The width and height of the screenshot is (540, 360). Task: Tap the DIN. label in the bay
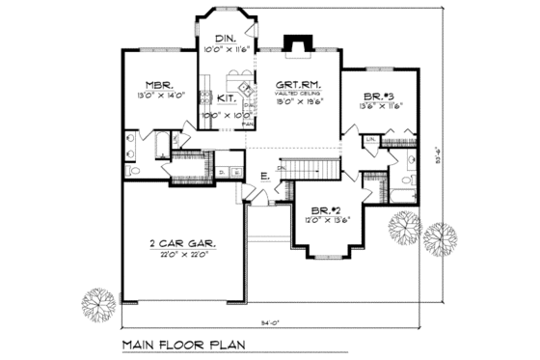pyautogui.click(x=225, y=38)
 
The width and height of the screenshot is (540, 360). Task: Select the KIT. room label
pyautogui.click(x=228, y=97)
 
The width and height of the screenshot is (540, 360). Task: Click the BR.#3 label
pyautogui.click(x=378, y=95)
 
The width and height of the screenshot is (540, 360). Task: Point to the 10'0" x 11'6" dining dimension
pyautogui.click(x=225, y=48)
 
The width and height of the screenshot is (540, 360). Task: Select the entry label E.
pyautogui.click(x=263, y=175)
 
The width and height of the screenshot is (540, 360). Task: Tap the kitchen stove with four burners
pyautogui.click(x=205, y=97)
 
